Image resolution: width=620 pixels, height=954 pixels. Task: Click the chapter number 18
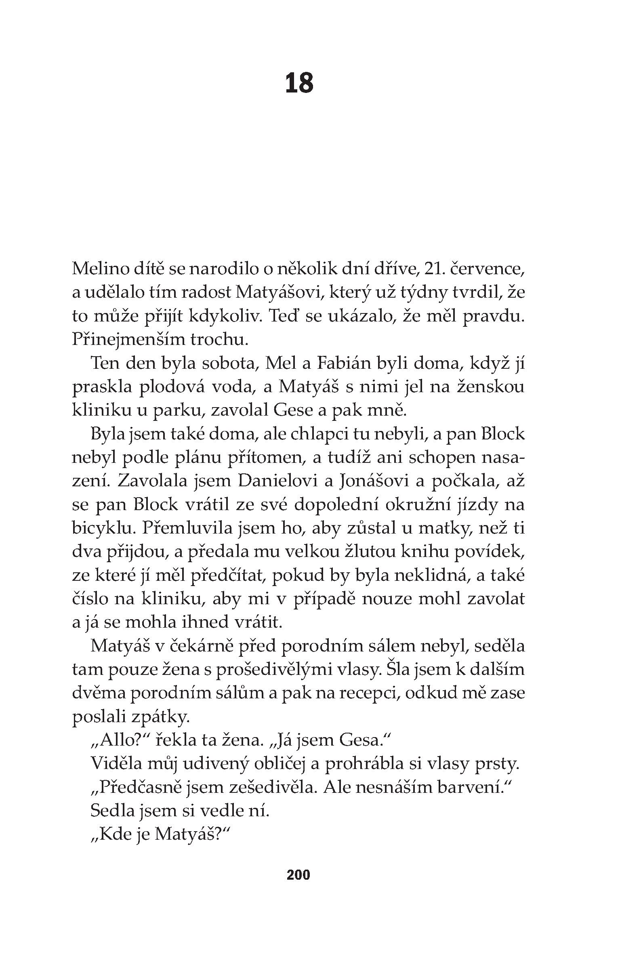[299, 83]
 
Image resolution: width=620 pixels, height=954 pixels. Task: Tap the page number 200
[298, 874]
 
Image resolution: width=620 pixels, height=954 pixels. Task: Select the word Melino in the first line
[103, 269]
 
